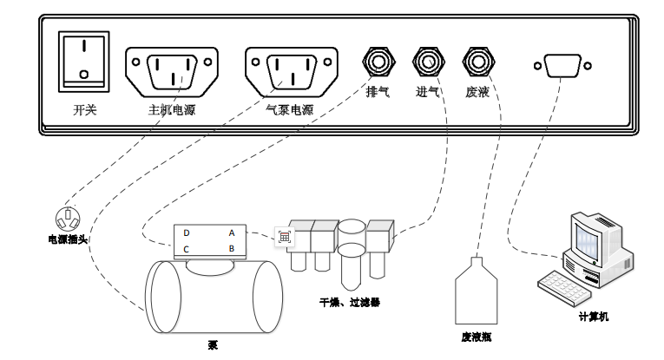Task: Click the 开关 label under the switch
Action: (x=83, y=110)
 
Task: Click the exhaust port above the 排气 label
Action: (x=377, y=62)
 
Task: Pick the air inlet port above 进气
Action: (x=427, y=62)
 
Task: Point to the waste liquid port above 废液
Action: (x=477, y=62)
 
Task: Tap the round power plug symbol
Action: (x=68, y=218)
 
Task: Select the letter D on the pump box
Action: (x=187, y=233)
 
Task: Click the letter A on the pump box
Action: (x=231, y=233)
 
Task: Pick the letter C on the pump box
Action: (x=187, y=250)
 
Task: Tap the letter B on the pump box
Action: (x=231, y=250)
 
